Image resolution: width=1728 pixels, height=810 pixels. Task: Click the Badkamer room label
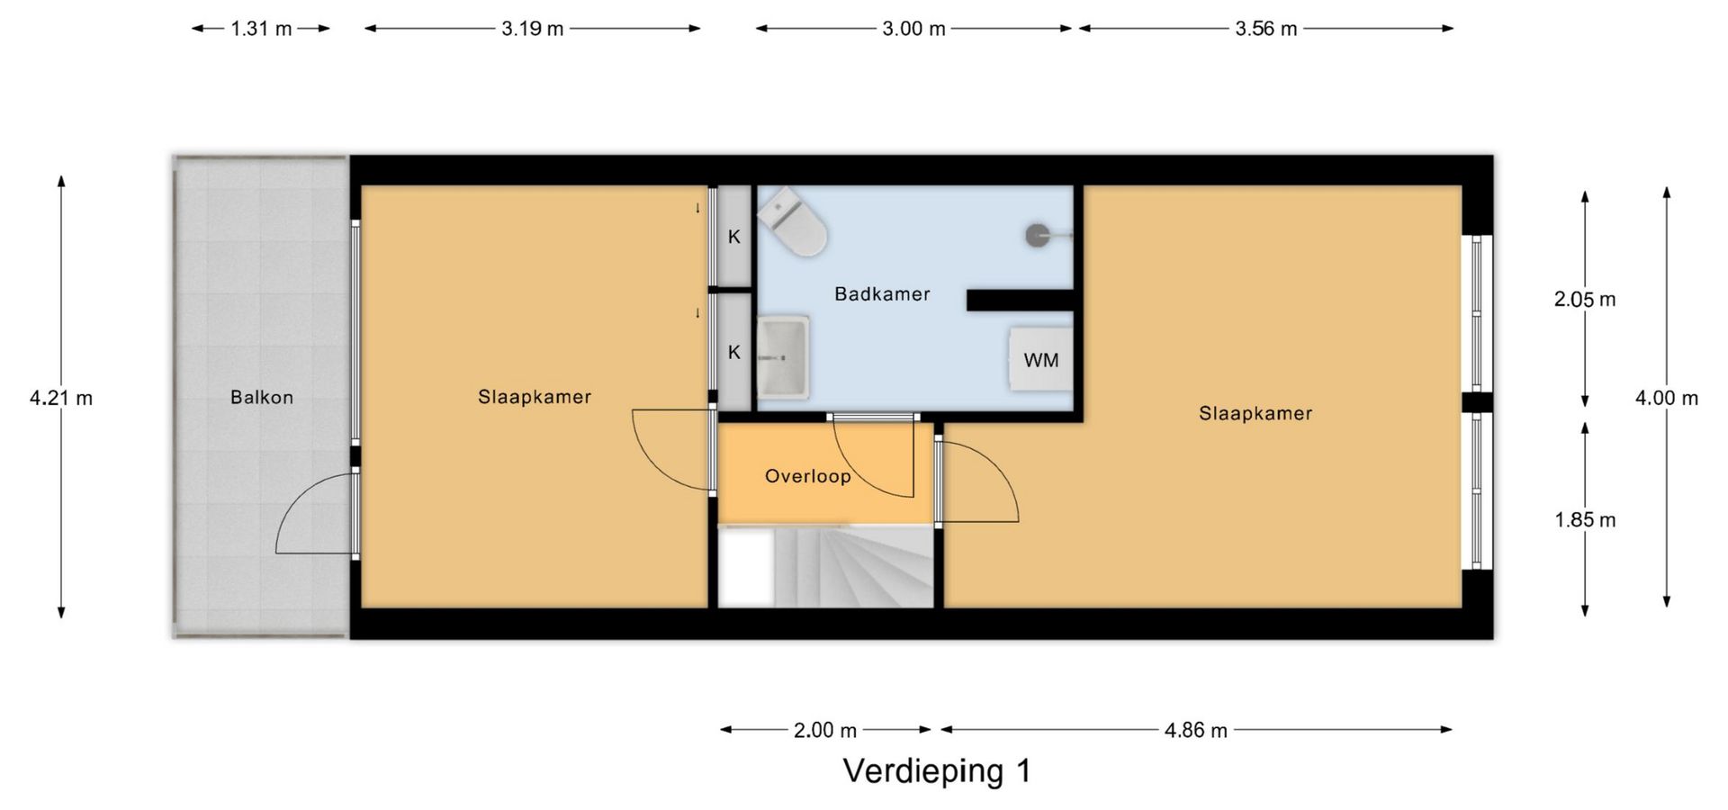pyautogui.click(x=882, y=294)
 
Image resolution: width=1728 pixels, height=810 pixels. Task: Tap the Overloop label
pyautogui.click(x=807, y=476)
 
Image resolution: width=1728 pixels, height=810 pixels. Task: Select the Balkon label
pyautogui.click(x=262, y=397)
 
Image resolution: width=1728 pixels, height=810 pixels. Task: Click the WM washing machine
pyautogui.click(x=1041, y=359)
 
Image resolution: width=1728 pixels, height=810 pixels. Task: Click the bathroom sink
pyautogui.click(x=783, y=356)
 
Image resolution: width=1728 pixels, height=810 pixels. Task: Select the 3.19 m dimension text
pyautogui.click(x=533, y=29)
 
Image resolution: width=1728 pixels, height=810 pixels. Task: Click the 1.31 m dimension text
pyautogui.click(x=261, y=29)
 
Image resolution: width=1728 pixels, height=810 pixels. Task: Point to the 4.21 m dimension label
pyautogui.click(x=61, y=398)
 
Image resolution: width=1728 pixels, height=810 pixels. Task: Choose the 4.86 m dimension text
pyautogui.click(x=1195, y=730)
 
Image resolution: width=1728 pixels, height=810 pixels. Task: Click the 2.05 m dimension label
pyautogui.click(x=1585, y=300)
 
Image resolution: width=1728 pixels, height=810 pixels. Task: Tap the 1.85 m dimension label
pyautogui.click(x=1585, y=520)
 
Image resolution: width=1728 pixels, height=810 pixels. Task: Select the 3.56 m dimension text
pyautogui.click(x=1265, y=29)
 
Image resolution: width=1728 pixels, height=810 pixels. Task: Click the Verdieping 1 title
pyautogui.click(x=936, y=771)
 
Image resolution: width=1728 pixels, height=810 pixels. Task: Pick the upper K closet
pyautogui.click(x=734, y=237)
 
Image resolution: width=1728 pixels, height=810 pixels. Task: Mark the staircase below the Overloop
pyautogui.click(x=825, y=567)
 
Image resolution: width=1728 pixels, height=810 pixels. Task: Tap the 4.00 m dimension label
pyautogui.click(x=1667, y=398)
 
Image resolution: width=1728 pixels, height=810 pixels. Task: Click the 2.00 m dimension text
pyautogui.click(x=825, y=730)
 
